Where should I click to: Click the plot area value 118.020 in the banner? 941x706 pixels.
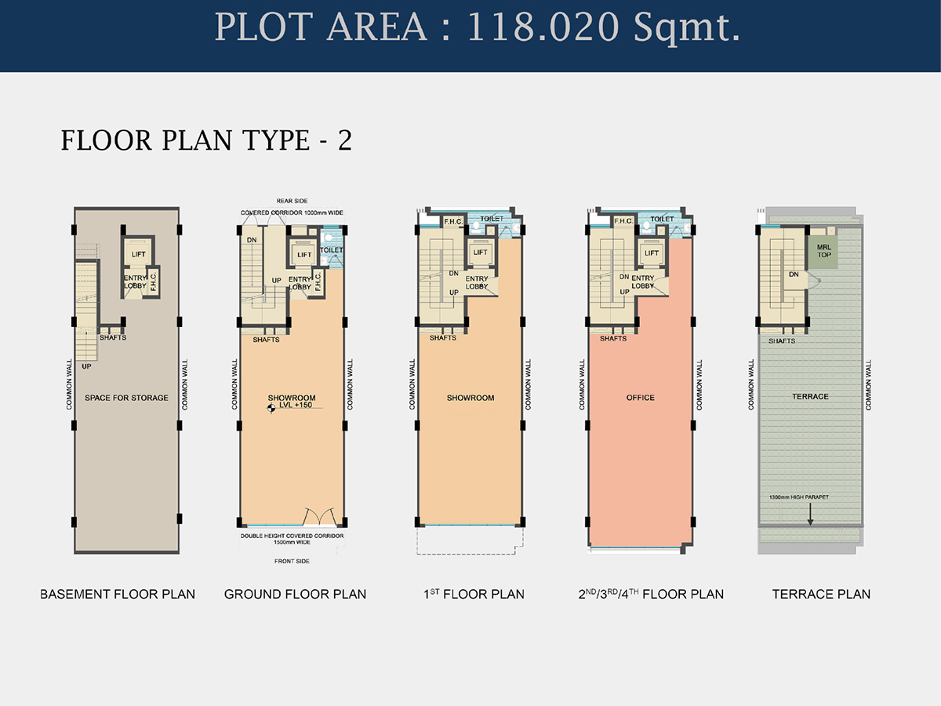543,27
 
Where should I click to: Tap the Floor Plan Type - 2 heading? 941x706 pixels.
206,140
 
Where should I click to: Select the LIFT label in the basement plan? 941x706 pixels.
139,254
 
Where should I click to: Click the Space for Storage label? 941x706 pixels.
126,398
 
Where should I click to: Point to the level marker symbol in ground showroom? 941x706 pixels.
271,409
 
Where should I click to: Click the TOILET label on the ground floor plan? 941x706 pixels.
332,250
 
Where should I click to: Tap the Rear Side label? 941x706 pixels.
292,201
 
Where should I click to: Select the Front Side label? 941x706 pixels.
292,561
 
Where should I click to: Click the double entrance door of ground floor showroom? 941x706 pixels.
319,516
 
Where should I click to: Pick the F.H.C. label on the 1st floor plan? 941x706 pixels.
453,222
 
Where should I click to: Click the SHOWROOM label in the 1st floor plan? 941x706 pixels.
470,398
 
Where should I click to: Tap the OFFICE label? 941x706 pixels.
641,398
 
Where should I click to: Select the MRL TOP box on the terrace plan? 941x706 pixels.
823,252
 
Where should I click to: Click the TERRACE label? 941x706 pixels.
810,396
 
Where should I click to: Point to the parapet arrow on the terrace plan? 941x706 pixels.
810,514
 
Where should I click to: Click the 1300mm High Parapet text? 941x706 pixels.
798,497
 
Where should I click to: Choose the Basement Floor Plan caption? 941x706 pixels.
118,594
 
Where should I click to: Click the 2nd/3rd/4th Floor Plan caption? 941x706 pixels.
651,594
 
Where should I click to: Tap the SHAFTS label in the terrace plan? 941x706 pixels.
782,341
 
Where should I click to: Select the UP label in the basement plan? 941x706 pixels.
86,366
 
